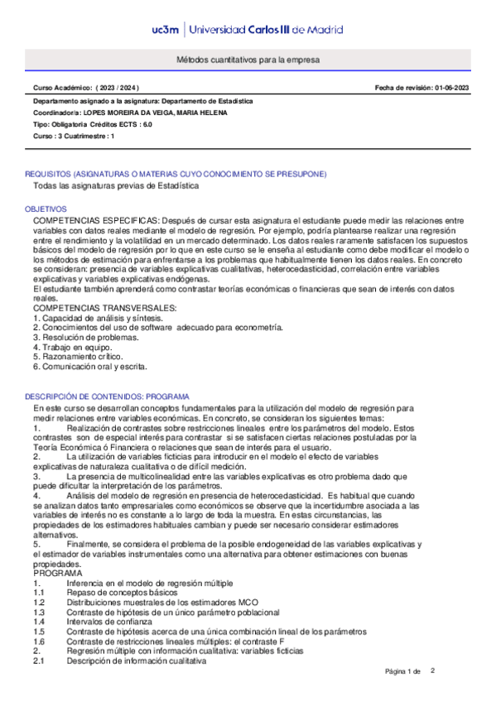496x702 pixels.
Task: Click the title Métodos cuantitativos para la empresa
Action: (x=248, y=61)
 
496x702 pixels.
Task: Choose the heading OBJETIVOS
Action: (x=45, y=209)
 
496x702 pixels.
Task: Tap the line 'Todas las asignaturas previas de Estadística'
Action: (x=116, y=186)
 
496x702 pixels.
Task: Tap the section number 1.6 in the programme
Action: (x=38, y=641)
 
